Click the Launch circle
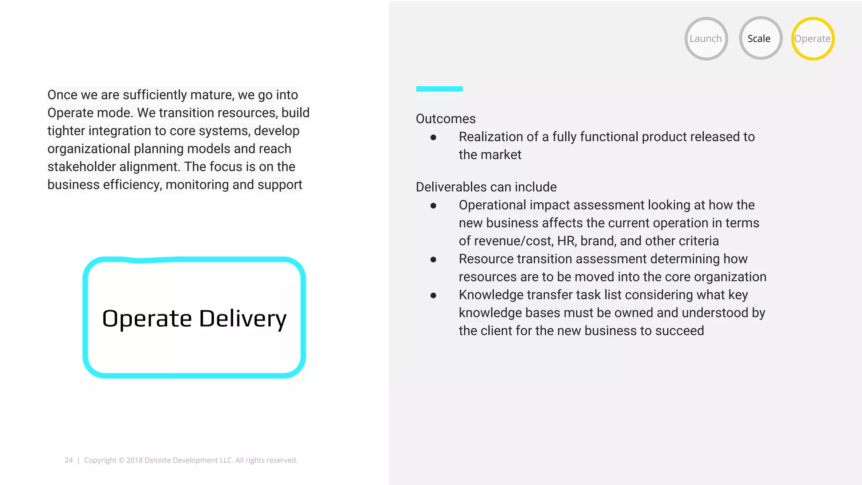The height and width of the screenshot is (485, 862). click(x=706, y=39)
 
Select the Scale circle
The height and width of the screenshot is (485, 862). click(x=760, y=38)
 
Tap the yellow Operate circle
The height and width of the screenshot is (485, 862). click(x=812, y=39)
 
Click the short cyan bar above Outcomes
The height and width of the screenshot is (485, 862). click(x=439, y=89)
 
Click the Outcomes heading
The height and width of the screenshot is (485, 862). click(x=445, y=119)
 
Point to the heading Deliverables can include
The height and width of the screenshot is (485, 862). click(x=486, y=187)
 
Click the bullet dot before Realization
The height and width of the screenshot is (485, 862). click(x=433, y=137)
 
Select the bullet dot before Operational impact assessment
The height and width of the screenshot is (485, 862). click(x=433, y=205)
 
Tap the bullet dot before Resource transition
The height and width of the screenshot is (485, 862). click(x=433, y=259)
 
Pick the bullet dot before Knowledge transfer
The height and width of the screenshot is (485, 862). click(x=433, y=296)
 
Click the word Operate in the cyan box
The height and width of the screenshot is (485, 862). click(x=147, y=319)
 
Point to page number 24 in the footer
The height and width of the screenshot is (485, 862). click(x=69, y=460)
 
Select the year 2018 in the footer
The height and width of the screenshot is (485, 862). click(x=134, y=460)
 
